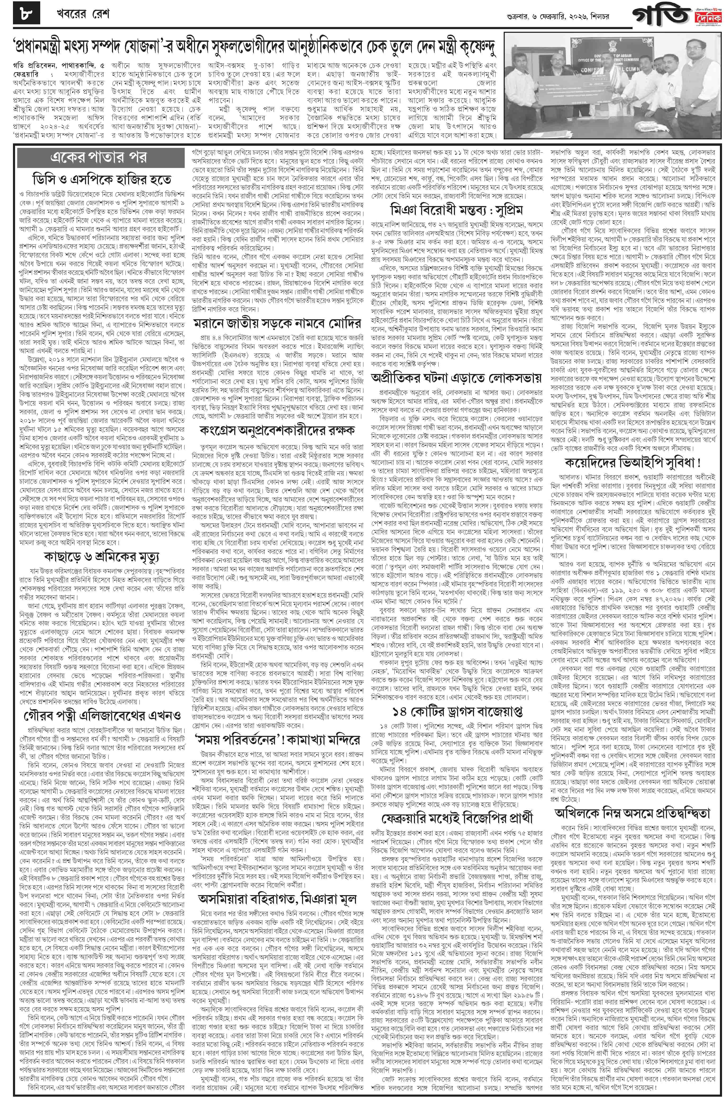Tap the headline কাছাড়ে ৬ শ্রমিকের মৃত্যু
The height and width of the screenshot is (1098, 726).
pos(101,557)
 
